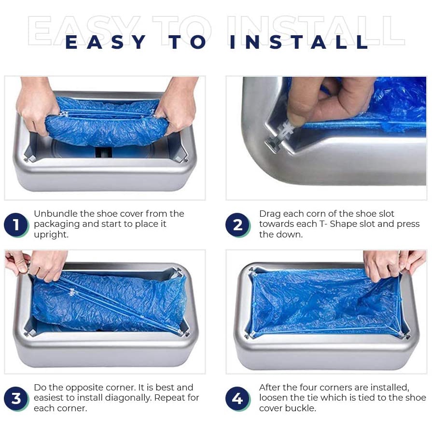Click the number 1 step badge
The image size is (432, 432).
(16, 225)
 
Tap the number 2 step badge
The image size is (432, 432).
(238, 225)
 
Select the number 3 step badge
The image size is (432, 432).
(16, 398)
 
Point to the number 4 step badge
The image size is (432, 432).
(238, 398)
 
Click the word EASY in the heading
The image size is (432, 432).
(106, 42)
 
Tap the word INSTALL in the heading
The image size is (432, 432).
(299, 42)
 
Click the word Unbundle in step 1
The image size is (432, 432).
(56, 213)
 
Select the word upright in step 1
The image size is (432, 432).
(51, 235)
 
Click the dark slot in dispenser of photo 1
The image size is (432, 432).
(104, 152)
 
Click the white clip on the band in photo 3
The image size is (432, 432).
(72, 293)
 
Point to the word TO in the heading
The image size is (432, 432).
(187, 42)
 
